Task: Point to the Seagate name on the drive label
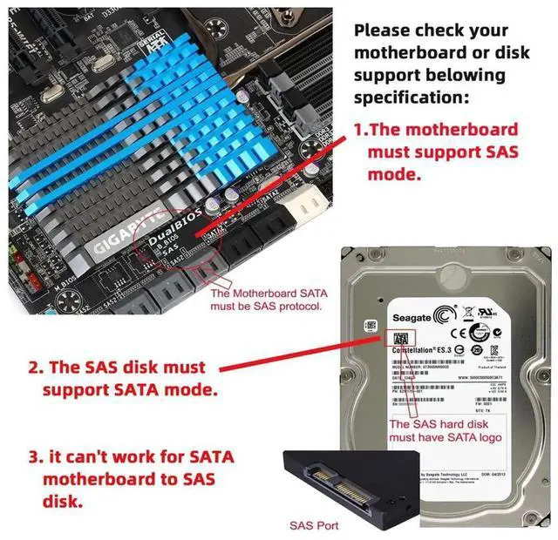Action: pos(413,319)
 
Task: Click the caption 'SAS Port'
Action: pos(314,525)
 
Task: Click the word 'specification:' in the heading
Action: pos(412,97)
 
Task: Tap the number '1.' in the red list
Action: pos(361,129)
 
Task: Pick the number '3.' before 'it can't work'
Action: pos(34,456)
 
